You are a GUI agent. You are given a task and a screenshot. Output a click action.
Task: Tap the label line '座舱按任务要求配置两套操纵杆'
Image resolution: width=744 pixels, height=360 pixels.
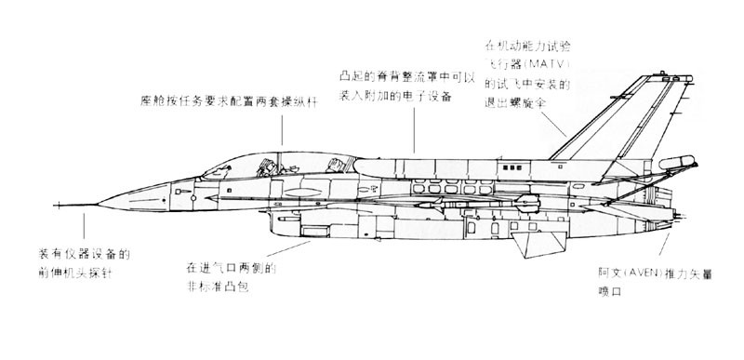point(229,100)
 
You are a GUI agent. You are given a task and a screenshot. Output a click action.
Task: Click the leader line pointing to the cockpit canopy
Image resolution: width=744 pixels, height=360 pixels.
point(282,130)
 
